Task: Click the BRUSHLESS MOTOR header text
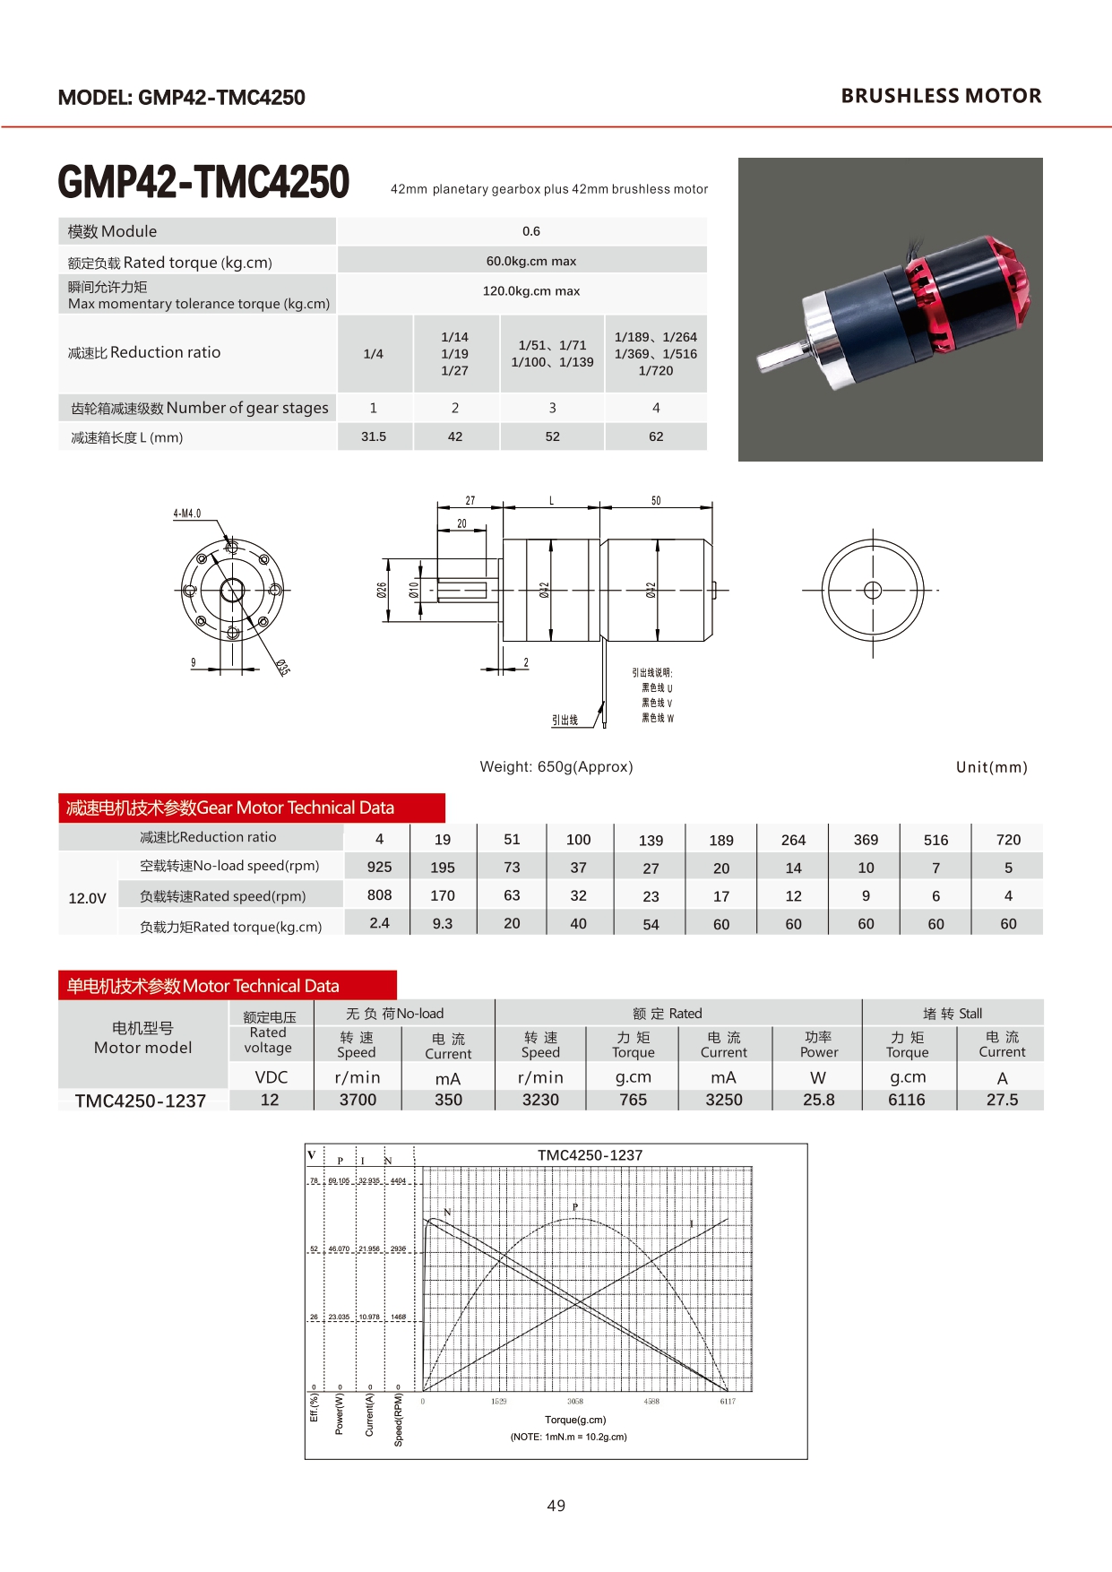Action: pos(941,96)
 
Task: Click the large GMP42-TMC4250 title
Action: pos(203,182)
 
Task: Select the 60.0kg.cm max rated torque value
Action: pos(530,261)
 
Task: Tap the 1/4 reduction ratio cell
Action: pos(374,354)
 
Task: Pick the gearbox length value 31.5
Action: pos(374,436)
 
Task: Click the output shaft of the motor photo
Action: pos(781,357)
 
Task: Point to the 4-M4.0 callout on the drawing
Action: pos(186,514)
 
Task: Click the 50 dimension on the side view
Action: pos(656,501)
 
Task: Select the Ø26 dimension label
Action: pos(382,590)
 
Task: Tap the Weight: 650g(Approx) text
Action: pos(556,766)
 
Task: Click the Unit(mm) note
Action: pos(991,767)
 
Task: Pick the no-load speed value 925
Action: pos(379,867)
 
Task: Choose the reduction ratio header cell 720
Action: pos(1008,840)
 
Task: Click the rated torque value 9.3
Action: pos(443,923)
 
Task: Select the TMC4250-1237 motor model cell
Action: pos(141,1101)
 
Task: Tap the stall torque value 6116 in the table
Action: pos(907,1100)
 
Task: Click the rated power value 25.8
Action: pos(818,1100)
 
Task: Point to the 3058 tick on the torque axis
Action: pos(575,1401)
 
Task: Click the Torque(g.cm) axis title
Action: pos(575,1420)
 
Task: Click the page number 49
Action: pos(556,1506)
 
